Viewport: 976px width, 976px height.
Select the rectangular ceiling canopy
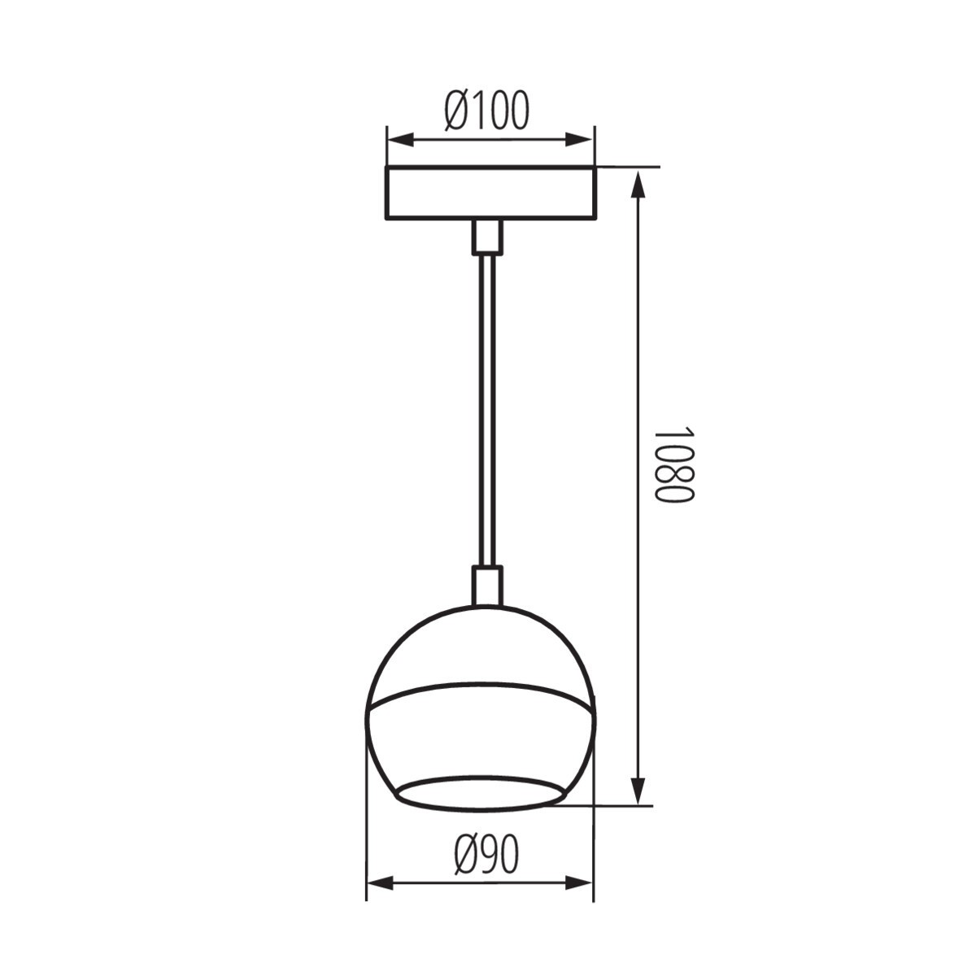[490, 193]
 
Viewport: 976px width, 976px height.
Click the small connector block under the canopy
[487, 237]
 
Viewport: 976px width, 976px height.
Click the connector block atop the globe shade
[488, 586]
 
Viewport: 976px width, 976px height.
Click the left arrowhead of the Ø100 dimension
[400, 140]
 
